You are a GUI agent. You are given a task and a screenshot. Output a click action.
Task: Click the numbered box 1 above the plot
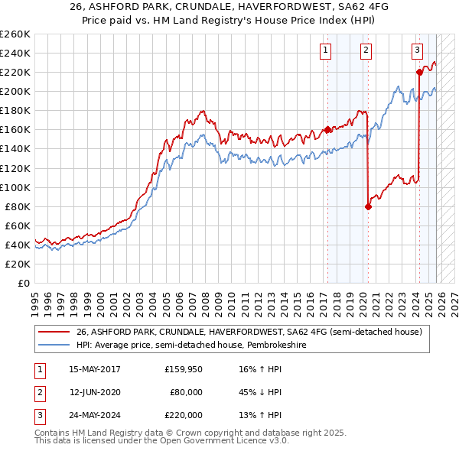[x=326, y=50]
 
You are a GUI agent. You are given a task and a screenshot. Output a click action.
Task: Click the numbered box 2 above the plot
[x=366, y=50]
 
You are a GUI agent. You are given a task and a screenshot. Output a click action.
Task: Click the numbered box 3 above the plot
[x=417, y=50]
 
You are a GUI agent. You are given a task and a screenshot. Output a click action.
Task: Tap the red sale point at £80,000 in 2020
[x=368, y=206]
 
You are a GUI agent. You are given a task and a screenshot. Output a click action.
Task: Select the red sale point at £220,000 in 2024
[x=419, y=73]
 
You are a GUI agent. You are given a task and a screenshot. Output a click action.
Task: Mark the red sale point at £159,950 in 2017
[x=327, y=130]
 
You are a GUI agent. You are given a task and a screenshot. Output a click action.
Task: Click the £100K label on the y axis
[x=15, y=187]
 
